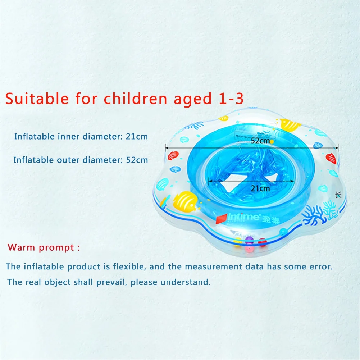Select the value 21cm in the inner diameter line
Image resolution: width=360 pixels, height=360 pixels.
[136, 137]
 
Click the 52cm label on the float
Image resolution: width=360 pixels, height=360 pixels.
[260, 141]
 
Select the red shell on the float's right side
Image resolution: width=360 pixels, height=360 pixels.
[331, 158]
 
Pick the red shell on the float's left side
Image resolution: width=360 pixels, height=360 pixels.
[173, 155]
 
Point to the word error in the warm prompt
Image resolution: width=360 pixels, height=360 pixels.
[320, 266]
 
